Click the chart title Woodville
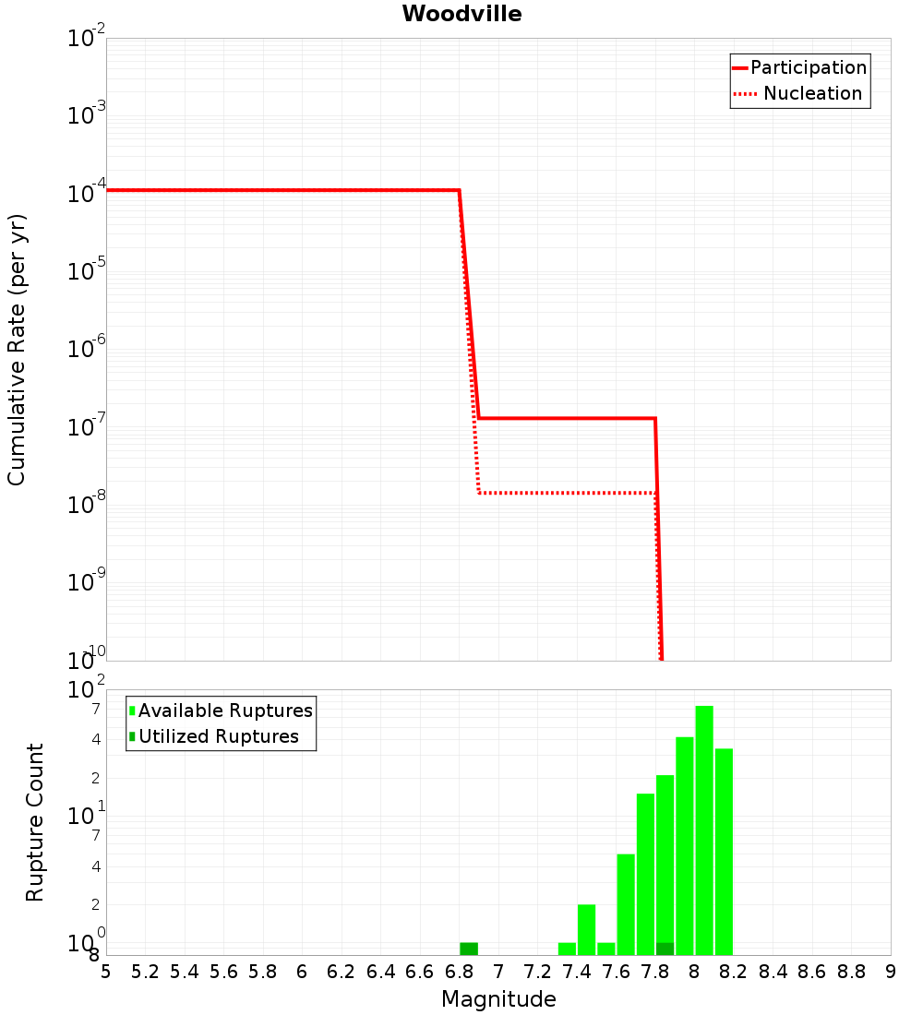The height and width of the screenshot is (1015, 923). tap(461, 15)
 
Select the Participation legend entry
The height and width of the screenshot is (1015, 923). tap(808, 67)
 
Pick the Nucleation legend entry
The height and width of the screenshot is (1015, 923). tap(812, 93)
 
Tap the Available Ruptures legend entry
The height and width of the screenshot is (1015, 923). tap(225, 710)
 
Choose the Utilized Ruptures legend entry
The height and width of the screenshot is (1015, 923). tap(218, 736)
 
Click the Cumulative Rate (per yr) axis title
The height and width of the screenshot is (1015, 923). tap(17, 350)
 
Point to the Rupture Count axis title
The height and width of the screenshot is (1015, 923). tap(35, 822)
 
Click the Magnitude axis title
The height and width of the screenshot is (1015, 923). tap(498, 999)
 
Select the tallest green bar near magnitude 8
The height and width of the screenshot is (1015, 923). tap(704, 830)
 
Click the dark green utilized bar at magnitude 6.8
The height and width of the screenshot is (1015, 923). tap(469, 949)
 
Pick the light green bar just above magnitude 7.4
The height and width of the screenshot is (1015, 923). tap(586, 929)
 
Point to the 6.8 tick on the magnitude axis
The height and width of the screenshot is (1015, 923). tap(459, 972)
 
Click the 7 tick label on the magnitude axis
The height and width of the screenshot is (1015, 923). tap(498, 972)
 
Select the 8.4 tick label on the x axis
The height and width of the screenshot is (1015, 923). tap(773, 972)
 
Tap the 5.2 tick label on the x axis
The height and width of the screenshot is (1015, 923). tap(145, 972)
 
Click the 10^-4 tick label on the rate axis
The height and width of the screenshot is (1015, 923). tap(87, 193)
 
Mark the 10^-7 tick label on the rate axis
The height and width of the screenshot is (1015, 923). tap(87, 426)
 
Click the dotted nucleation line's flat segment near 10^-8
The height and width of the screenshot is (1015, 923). tap(568, 493)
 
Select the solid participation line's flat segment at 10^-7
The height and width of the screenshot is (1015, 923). tap(568, 418)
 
